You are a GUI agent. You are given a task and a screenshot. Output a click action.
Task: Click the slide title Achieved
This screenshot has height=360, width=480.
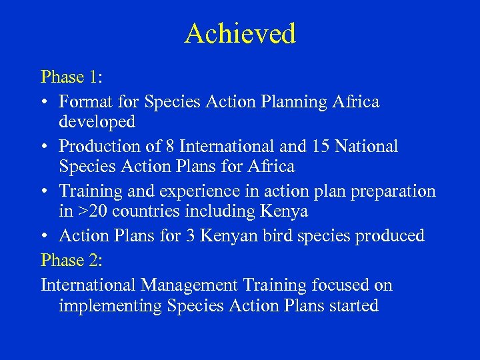tap(240, 33)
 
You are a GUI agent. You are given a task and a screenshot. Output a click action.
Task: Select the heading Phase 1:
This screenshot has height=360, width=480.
tap(71, 77)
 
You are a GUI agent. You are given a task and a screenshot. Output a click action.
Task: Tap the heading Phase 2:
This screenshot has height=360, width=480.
tap(71, 259)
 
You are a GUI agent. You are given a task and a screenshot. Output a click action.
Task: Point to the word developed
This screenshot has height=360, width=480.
tap(97, 122)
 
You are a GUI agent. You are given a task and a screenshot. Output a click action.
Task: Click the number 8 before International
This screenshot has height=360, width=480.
tap(167, 146)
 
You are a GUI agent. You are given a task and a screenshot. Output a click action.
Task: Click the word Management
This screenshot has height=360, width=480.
tap(189, 286)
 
